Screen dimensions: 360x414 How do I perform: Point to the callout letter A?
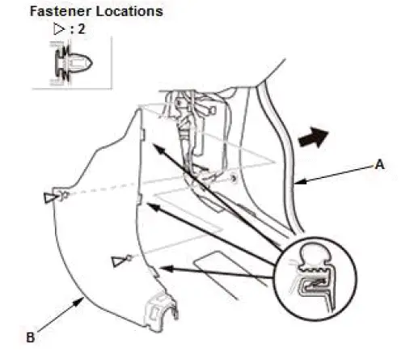(x=379, y=163)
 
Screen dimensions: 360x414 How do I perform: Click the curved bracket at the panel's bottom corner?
(x=158, y=311)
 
